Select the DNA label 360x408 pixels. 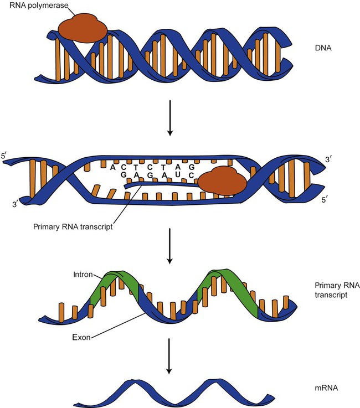[321, 49]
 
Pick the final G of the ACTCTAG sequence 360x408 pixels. [191, 167]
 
